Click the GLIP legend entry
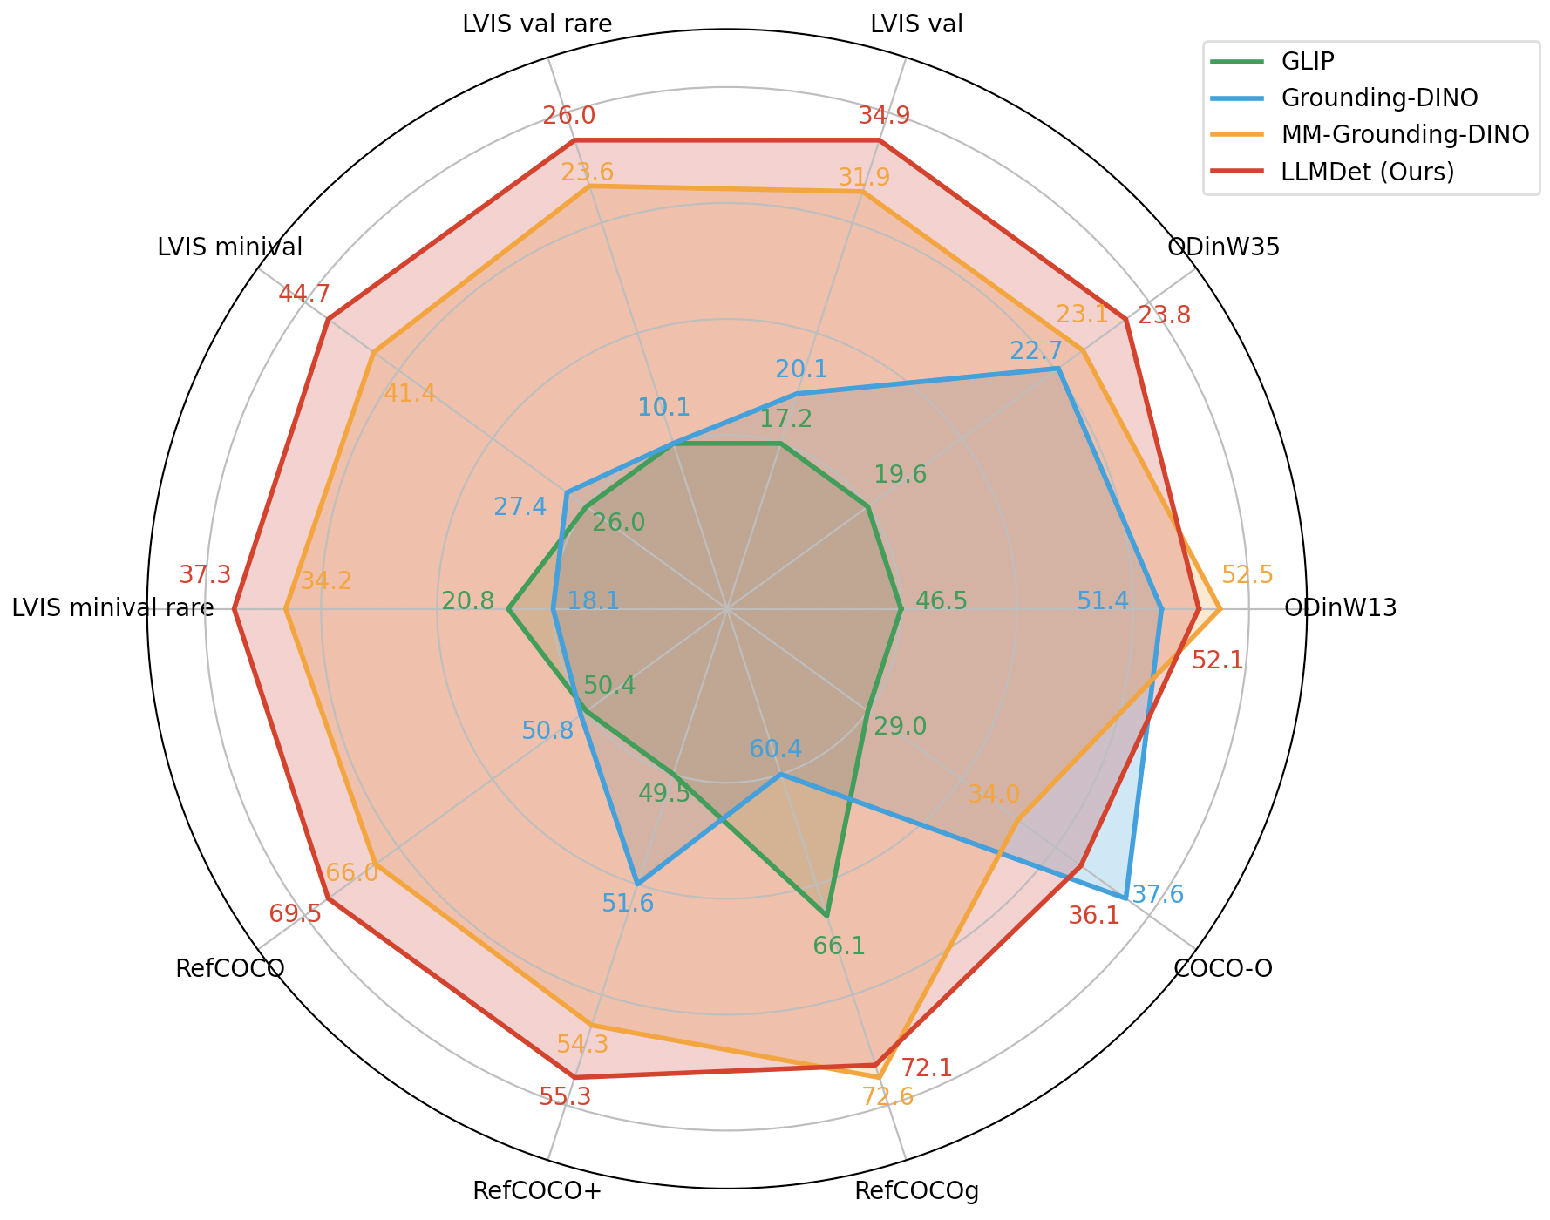click(1308, 61)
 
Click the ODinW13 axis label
click(1341, 608)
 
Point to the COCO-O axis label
click(1223, 968)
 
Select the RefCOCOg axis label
click(917, 1191)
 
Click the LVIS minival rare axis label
click(112, 608)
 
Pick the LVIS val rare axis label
click(537, 24)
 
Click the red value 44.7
click(304, 295)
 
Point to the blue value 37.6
click(1158, 894)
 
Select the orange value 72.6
click(887, 1096)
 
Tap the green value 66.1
click(839, 946)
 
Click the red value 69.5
click(295, 914)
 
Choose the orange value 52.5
click(1247, 575)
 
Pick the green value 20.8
click(468, 601)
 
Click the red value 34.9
click(884, 116)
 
